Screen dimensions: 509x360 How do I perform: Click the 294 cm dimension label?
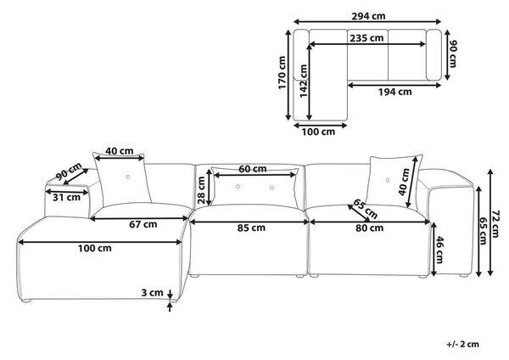368,15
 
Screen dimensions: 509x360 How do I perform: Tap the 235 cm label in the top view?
366,38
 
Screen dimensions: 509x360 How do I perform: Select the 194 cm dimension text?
394,92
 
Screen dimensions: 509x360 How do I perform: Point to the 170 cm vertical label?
282,73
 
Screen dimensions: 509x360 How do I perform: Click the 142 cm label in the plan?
303,81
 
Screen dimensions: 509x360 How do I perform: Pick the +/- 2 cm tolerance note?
462,344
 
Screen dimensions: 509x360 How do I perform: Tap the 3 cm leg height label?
152,292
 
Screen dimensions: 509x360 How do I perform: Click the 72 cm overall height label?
495,223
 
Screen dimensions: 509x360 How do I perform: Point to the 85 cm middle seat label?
251,228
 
